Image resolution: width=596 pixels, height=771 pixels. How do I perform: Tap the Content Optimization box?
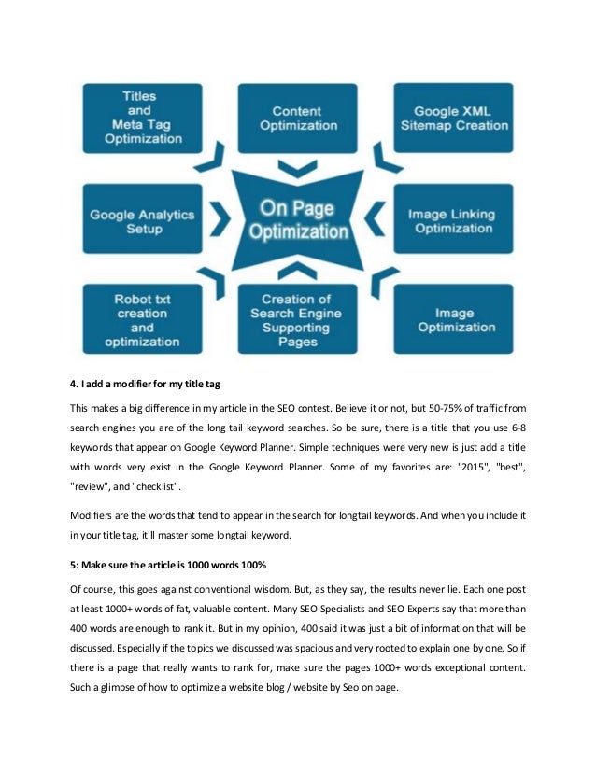pyautogui.click(x=297, y=119)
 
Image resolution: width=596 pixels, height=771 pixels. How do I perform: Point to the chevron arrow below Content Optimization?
pyautogui.click(x=297, y=168)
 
